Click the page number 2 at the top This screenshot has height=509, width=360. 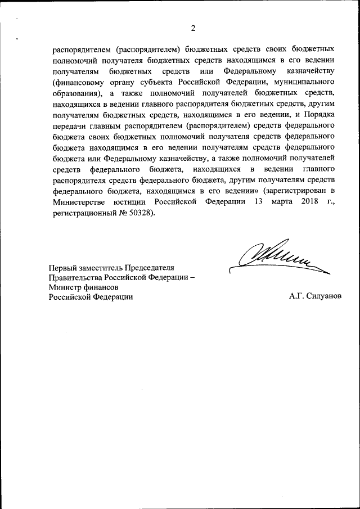coord(192,28)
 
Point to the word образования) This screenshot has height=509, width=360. coord(76,93)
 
